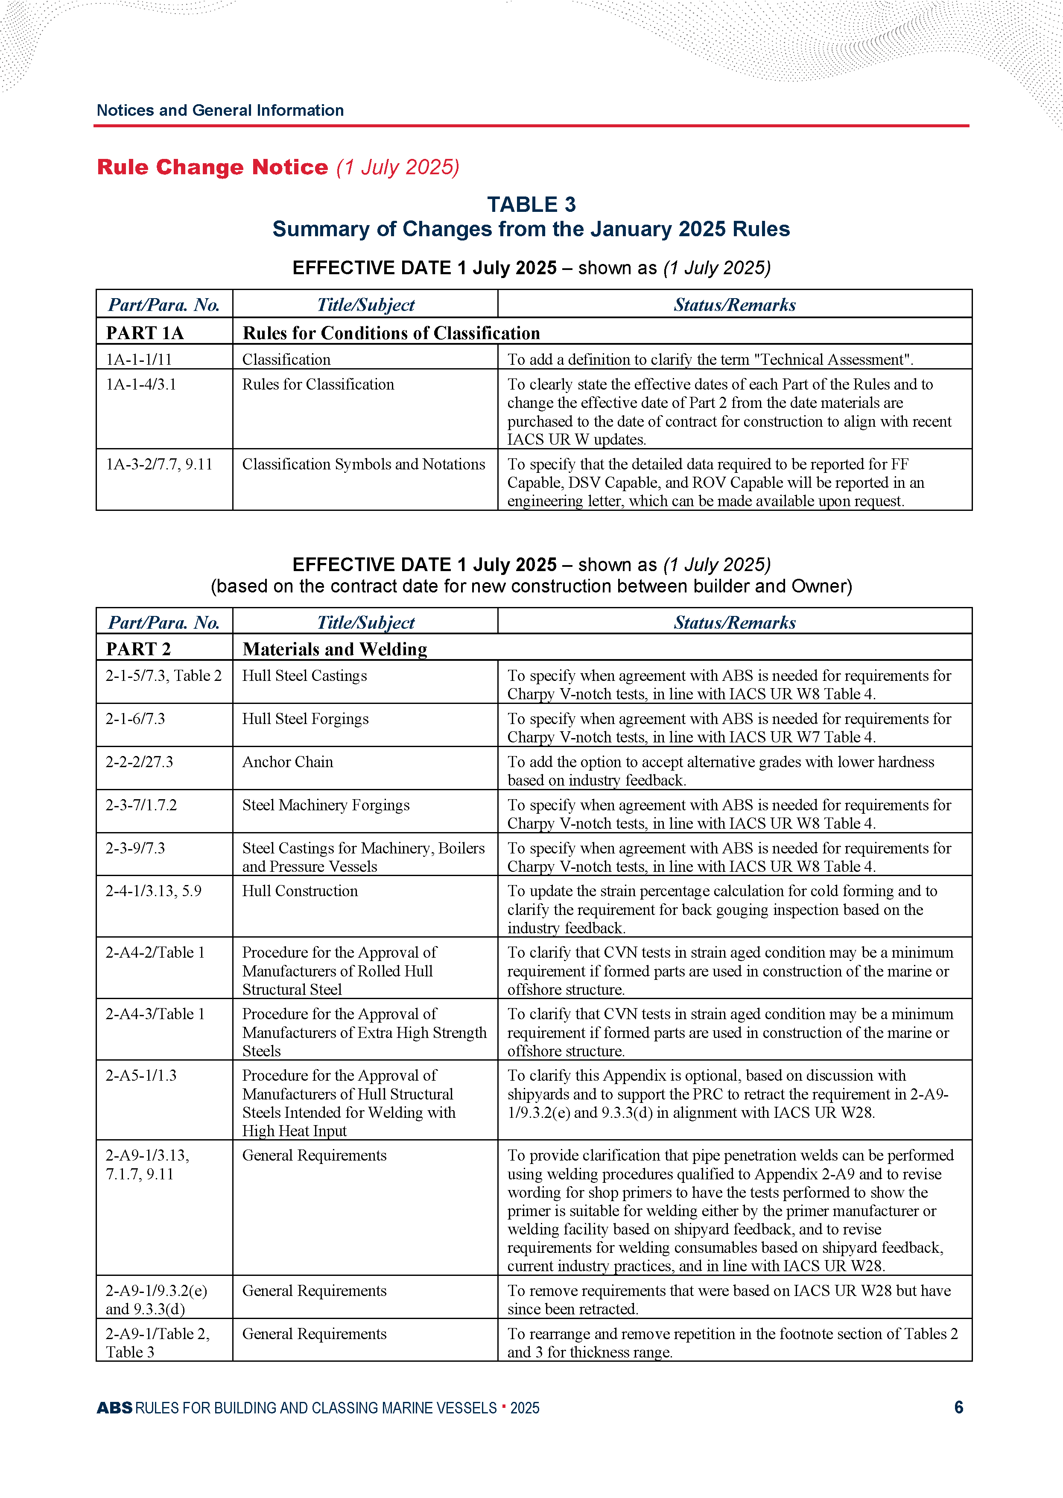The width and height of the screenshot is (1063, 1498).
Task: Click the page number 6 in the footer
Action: click(x=958, y=1407)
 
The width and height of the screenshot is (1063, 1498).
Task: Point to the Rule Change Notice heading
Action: click(x=212, y=167)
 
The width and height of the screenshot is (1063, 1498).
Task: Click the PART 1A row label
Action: click(x=145, y=333)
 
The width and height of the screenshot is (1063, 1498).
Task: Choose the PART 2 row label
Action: click(x=138, y=649)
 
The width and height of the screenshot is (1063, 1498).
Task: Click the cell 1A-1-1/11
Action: click(x=139, y=359)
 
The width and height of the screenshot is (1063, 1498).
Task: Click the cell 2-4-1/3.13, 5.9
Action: click(x=153, y=891)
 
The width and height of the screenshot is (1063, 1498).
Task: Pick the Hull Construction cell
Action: click(x=300, y=891)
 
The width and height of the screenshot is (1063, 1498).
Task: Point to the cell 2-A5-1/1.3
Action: click(x=141, y=1076)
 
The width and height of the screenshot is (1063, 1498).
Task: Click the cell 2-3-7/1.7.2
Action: click(x=141, y=805)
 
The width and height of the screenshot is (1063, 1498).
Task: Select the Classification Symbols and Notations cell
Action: click(x=363, y=464)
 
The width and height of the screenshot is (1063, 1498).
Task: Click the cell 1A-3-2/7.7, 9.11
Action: click(x=159, y=464)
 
